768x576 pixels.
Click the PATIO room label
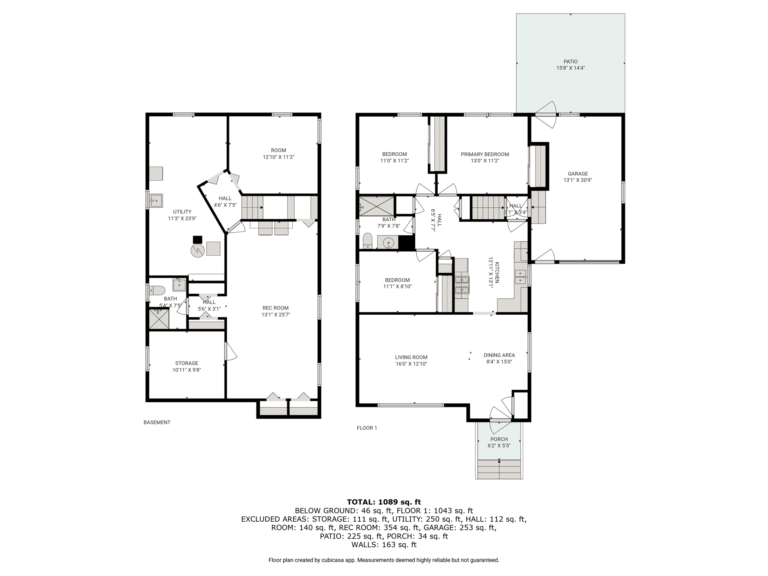pyautogui.click(x=570, y=61)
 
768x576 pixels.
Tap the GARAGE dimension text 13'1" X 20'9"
pyautogui.click(x=577, y=180)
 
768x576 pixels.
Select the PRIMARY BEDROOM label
pyautogui.click(x=485, y=154)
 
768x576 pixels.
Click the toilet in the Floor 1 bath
pyautogui.click(x=367, y=241)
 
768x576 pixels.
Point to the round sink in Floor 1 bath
pyautogui.click(x=388, y=243)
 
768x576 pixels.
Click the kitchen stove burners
pyautogui.click(x=462, y=285)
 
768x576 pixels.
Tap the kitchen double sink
pyautogui.click(x=520, y=277)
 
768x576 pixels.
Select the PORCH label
pyautogui.click(x=499, y=439)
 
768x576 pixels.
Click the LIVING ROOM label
pyautogui.click(x=411, y=357)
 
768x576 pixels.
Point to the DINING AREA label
pyautogui.click(x=499, y=355)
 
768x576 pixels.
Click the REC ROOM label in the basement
pyautogui.click(x=276, y=308)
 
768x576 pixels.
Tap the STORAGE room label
pyautogui.click(x=187, y=363)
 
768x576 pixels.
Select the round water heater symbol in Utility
pyautogui.click(x=197, y=250)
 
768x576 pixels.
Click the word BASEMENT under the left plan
pyautogui.click(x=157, y=422)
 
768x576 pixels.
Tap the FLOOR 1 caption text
pyautogui.click(x=367, y=428)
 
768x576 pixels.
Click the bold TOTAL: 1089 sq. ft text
pyautogui.click(x=384, y=502)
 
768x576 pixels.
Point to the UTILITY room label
pyautogui.click(x=182, y=211)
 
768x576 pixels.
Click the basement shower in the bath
pyautogui.click(x=159, y=319)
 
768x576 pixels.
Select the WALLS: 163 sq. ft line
pyautogui.click(x=384, y=544)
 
